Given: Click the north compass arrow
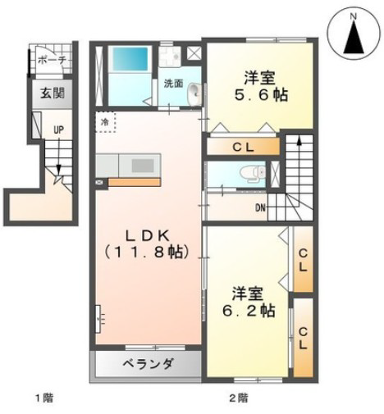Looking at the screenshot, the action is click(354, 38).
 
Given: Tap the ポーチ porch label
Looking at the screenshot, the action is click(52, 60).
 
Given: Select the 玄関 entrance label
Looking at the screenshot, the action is click(53, 93).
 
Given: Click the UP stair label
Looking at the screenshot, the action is click(58, 130).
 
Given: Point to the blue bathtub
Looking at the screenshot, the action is click(130, 59).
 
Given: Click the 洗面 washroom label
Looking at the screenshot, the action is click(173, 84).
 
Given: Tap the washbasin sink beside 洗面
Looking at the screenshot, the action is click(194, 93).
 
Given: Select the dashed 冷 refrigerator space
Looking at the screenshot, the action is click(105, 122).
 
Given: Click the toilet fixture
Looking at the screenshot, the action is click(253, 174).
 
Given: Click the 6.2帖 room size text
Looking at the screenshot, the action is click(249, 310).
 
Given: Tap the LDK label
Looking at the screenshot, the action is click(147, 235).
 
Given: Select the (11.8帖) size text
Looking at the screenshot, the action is click(147, 252).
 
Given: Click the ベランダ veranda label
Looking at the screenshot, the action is click(148, 364).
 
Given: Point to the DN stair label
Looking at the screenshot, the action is click(260, 208).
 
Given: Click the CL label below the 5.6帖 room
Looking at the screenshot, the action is click(244, 148).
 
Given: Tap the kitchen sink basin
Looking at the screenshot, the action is click(143, 166).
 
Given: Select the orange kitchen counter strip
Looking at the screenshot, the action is click(135, 182).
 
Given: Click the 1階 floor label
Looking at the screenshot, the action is click(44, 398).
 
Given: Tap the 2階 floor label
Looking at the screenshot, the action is click(238, 398).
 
